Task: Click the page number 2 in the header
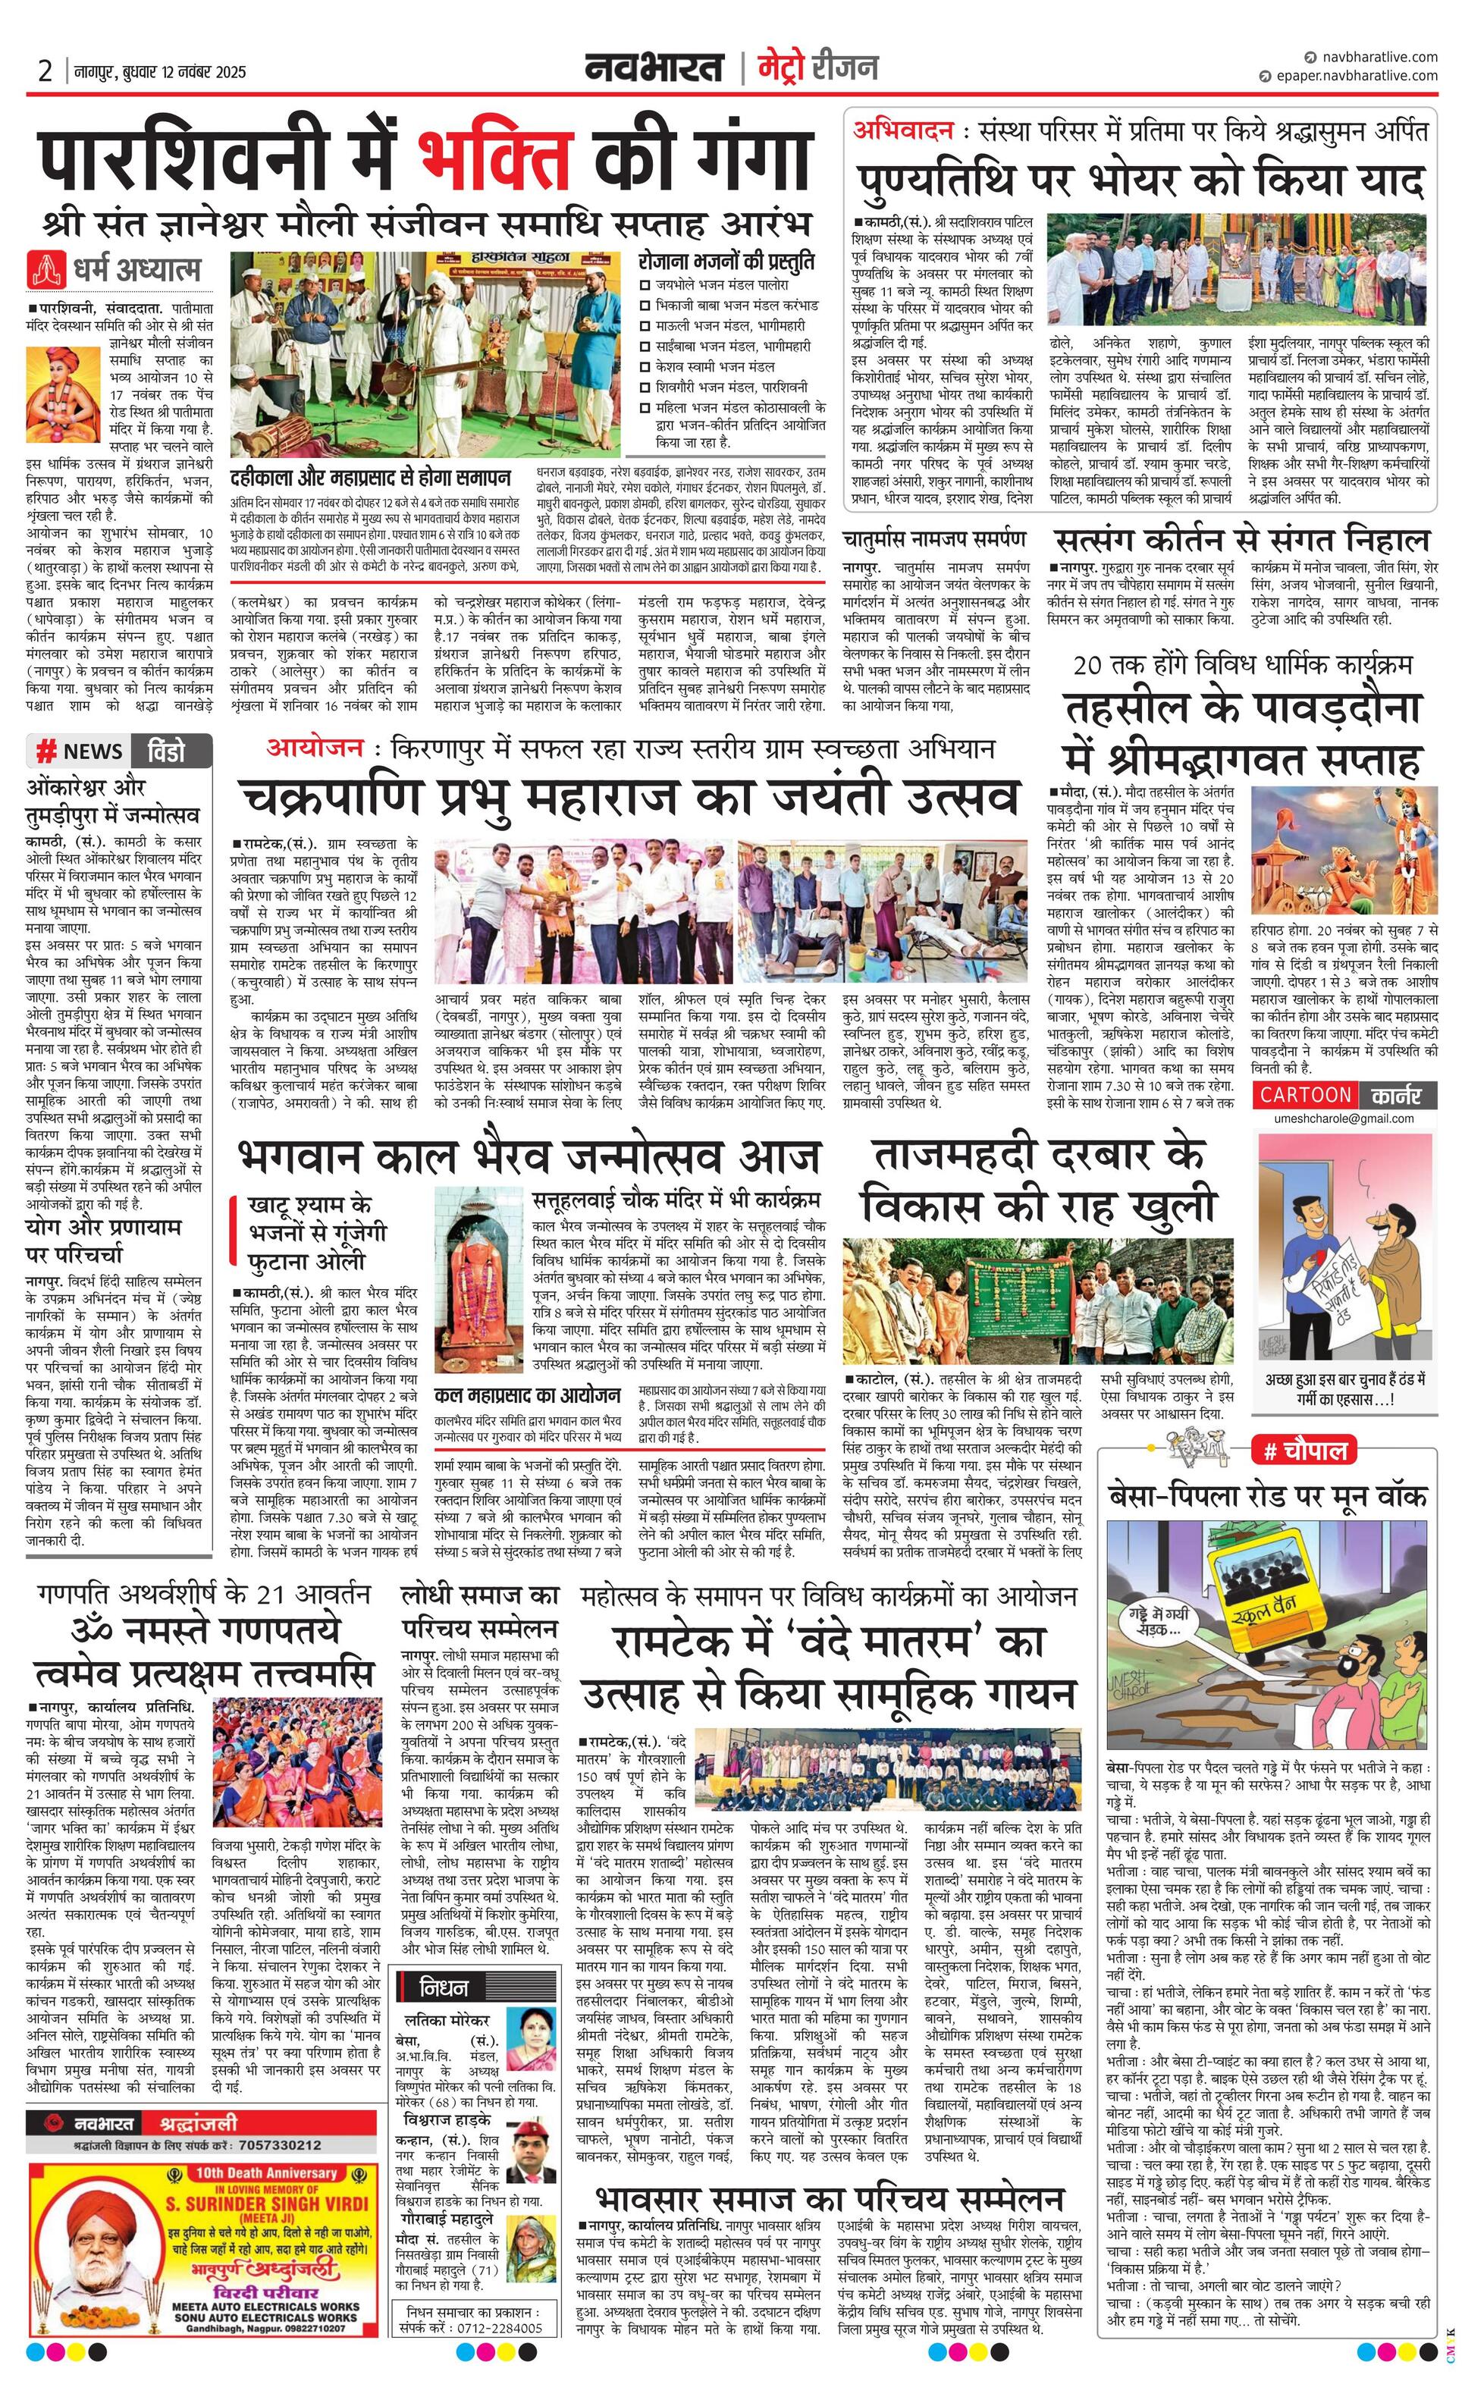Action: coord(45,71)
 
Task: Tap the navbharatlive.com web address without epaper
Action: coord(1377,58)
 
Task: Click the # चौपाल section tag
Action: coord(1305,1451)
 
